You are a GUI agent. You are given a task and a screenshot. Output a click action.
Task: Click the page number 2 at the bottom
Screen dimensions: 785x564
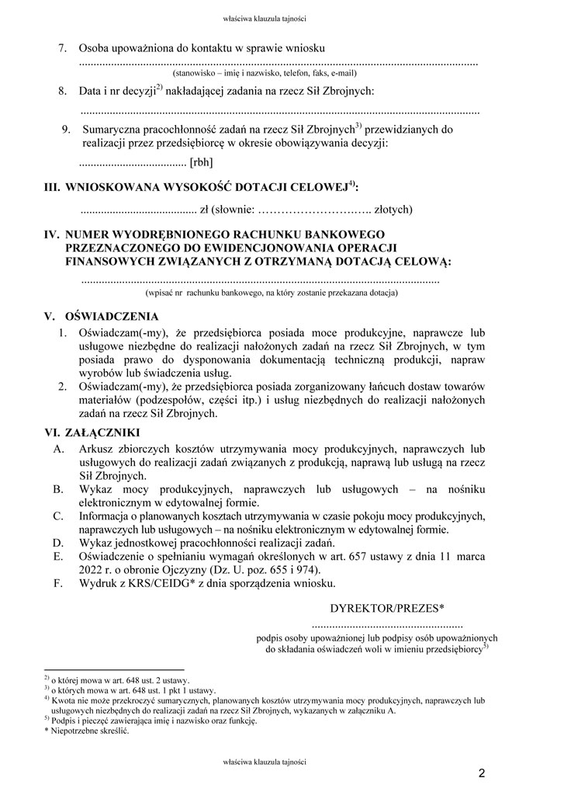coord(482,773)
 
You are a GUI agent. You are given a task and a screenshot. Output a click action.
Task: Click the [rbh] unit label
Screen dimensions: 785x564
coord(201,162)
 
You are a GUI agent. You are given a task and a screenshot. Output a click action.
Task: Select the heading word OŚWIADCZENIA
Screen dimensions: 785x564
coord(113,317)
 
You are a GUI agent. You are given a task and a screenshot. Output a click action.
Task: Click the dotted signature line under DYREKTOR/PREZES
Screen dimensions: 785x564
coord(387,623)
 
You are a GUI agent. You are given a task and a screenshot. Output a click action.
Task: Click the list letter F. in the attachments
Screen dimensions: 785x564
coord(58,582)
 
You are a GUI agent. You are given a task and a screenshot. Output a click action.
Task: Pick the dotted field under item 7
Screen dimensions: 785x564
coord(279,62)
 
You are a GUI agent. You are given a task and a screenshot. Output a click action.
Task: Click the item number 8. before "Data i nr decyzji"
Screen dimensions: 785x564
coord(63,92)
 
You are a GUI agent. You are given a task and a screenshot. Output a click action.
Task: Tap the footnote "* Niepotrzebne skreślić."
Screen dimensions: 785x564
coord(86,731)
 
